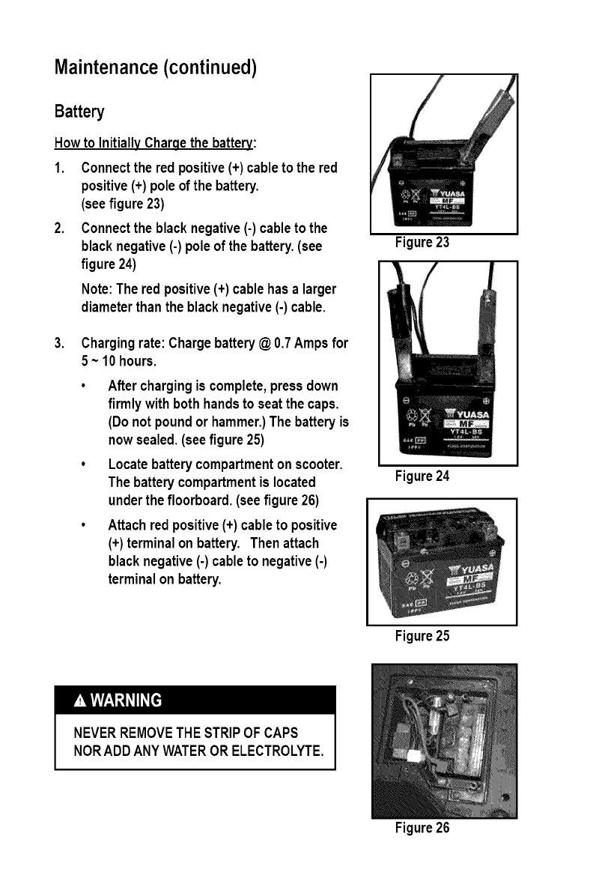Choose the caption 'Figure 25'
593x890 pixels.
click(x=422, y=636)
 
